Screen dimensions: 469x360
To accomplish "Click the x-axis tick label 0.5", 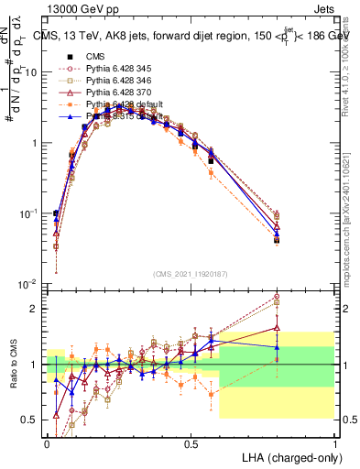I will click(191, 442).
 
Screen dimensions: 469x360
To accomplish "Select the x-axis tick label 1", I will click(334, 442).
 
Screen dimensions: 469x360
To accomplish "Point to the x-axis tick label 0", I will click(47, 442).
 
